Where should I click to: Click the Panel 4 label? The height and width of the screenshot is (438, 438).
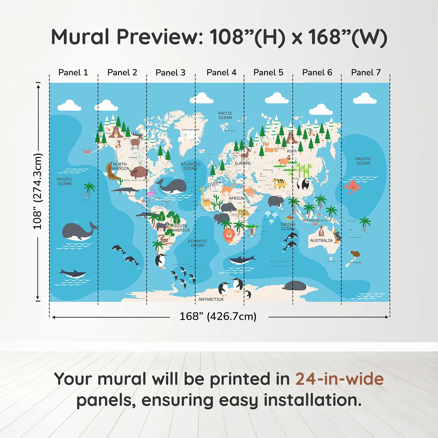pos(222,73)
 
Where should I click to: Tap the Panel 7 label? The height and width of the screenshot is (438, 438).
pos(366,73)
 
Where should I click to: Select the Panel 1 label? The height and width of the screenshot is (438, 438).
pos(73,73)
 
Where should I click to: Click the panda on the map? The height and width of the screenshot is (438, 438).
pos(303,183)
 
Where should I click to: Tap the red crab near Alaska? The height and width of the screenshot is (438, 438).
pos(87,151)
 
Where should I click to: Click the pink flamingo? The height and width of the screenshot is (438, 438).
pos(152,191)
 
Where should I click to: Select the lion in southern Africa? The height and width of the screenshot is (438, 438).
pos(229,235)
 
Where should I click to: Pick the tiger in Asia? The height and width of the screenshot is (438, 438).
pos(279,183)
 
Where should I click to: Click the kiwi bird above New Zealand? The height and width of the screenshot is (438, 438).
pos(355,254)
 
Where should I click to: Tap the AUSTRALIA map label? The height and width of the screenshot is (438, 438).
pos(321,241)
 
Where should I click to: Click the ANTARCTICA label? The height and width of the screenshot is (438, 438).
pos(211,299)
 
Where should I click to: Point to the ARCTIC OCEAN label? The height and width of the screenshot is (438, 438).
pos(225,115)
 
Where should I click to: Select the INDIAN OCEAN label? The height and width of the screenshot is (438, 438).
pos(288,227)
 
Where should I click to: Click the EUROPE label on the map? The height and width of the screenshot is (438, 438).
pos(243,163)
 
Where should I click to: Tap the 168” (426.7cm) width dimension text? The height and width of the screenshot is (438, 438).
pos(218,316)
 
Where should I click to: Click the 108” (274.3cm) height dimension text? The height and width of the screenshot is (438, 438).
pos(38,191)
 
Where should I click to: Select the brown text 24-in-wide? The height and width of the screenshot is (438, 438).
pos(339,379)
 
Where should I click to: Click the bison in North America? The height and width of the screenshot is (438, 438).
pos(139,172)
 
